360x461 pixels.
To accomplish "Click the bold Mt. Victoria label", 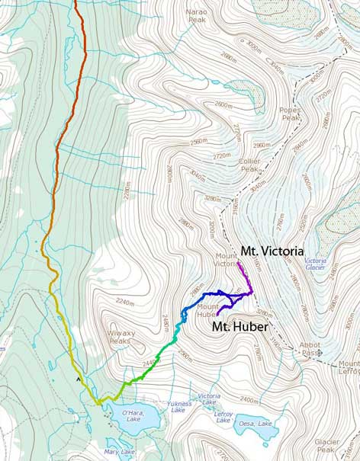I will tap(274, 250).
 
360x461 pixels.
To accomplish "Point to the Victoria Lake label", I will tap(209, 396).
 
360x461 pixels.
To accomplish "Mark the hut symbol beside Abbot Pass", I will tap(320, 353).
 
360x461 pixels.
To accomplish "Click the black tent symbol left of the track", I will tap(78, 376).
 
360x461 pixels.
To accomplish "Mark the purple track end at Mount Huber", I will tap(217, 314).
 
